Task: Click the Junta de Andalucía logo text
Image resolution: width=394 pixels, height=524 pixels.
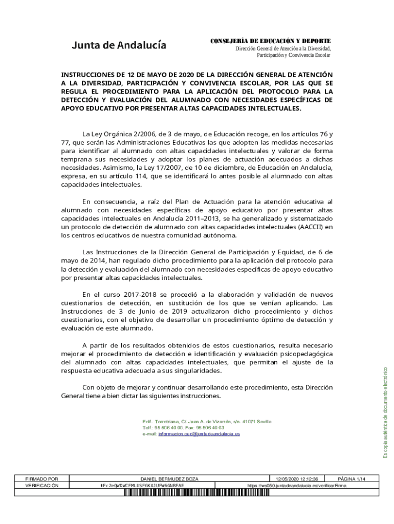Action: pos(119,45)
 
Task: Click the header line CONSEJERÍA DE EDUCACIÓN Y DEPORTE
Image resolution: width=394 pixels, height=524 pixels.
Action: pos(271,40)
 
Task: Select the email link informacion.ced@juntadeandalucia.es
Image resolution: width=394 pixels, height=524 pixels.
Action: pos(199,433)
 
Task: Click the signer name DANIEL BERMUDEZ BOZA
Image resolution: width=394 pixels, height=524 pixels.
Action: pos(169,479)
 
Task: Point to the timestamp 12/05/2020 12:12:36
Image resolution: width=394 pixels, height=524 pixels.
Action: pos(297,479)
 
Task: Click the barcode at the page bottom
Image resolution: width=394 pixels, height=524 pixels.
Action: pos(227,493)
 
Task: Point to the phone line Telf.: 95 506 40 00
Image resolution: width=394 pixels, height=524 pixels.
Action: pos(163,427)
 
